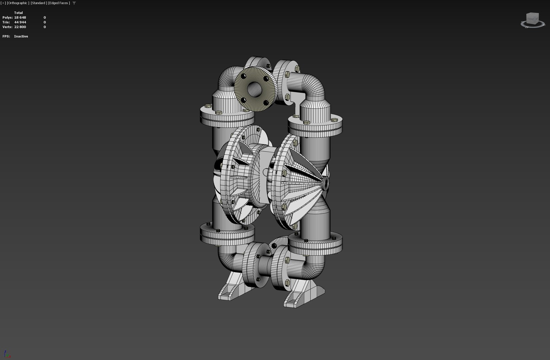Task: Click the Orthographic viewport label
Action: [18, 3]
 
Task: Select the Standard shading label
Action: [39, 3]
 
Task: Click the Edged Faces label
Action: [59, 3]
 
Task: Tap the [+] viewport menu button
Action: [3, 3]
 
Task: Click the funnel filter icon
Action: [74, 3]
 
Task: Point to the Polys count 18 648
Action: [20, 17]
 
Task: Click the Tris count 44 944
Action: [20, 22]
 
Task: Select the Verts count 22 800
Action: [20, 27]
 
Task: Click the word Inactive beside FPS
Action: [21, 36]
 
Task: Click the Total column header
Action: [18, 13]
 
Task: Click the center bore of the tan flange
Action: [255, 88]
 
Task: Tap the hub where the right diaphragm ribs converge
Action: [325, 182]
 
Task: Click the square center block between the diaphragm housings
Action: [265, 160]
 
